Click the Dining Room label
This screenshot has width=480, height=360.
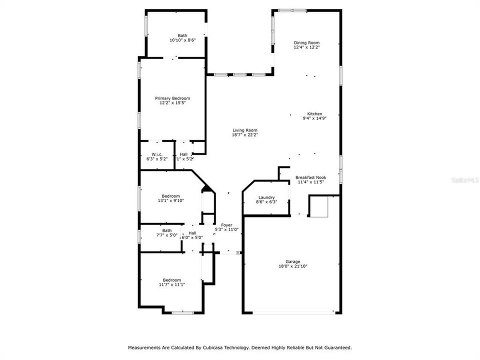[x=306, y=43]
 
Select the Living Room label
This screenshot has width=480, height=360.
[x=244, y=130]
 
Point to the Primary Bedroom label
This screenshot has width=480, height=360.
[x=172, y=98]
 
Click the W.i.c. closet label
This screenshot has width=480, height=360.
[x=156, y=154]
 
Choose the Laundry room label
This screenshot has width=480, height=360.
[x=266, y=197]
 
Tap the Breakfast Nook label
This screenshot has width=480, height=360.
[x=310, y=177]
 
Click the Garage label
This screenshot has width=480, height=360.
[x=293, y=261]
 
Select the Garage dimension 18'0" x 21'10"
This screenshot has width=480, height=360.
[x=293, y=266]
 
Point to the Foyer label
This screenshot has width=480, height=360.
[x=226, y=225]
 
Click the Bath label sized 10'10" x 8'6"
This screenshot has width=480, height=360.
[x=182, y=35]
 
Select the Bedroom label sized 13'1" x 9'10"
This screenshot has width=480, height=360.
[x=170, y=196]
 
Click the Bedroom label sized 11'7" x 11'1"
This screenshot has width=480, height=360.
[x=171, y=280]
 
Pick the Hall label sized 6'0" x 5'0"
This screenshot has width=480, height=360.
[x=192, y=233]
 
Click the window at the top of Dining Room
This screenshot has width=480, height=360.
[x=292, y=10]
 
